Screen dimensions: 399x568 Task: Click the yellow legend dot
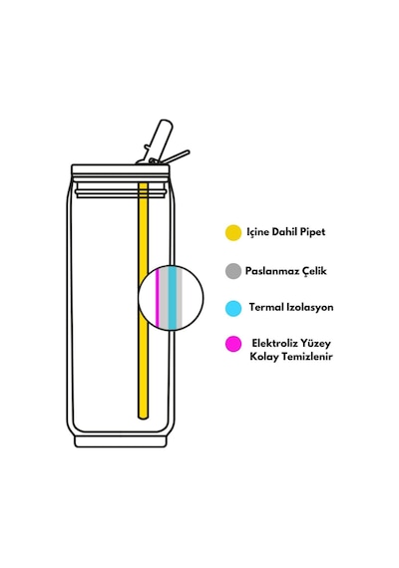coord(233,232)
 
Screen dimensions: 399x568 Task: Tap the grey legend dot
coord(233,271)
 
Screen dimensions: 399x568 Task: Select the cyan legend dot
coord(233,309)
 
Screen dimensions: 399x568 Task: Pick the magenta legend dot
coord(233,344)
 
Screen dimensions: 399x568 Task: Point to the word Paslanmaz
coord(271,271)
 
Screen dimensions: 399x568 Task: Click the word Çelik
coord(313,271)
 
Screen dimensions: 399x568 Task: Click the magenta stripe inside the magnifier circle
coord(158,298)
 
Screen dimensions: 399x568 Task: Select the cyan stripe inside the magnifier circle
coord(173,298)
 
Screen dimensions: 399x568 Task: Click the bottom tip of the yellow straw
coord(144,419)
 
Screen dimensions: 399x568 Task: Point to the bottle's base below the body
coord(121,441)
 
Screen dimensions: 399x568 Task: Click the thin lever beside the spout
coord(176,156)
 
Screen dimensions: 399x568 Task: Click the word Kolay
coord(264,357)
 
